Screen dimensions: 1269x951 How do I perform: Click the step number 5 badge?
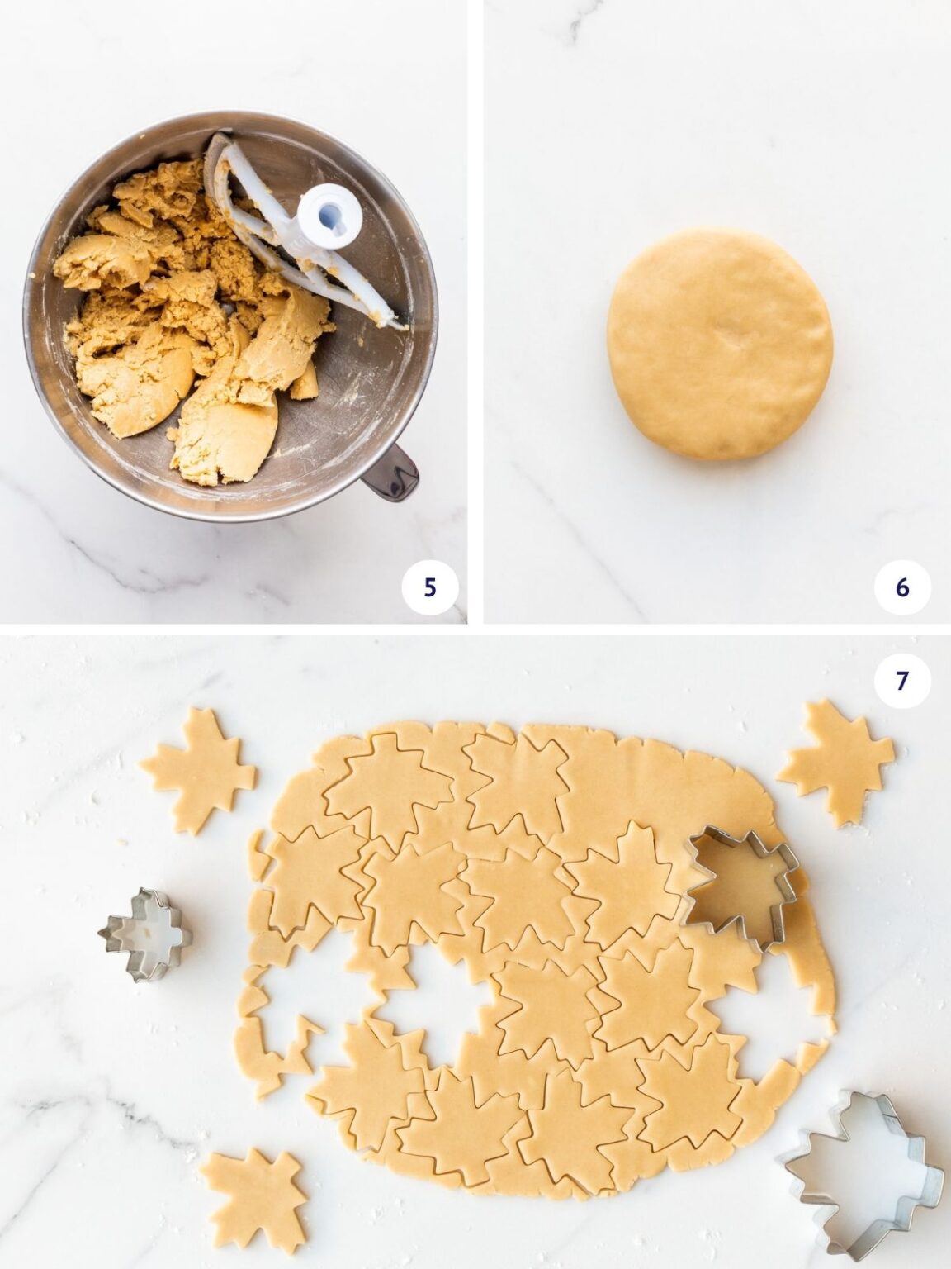428,587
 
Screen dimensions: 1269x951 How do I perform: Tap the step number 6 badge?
901,587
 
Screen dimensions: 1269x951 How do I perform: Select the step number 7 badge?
901,680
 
